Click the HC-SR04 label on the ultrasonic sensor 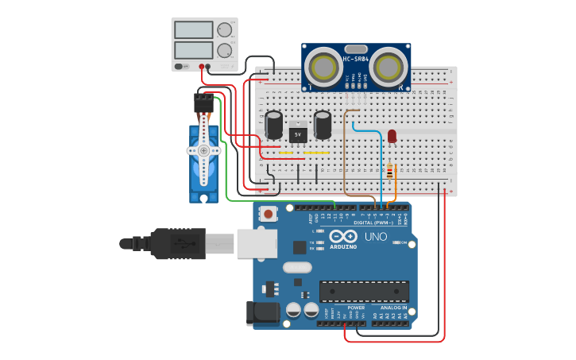click(x=357, y=58)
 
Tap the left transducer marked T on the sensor click(x=323, y=65)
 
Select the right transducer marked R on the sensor click(x=389, y=65)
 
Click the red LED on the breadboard click(x=392, y=136)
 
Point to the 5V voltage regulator click(x=298, y=133)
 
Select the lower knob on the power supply click(x=224, y=50)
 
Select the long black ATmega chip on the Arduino click(x=364, y=292)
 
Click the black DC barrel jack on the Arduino click(x=265, y=313)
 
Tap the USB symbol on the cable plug click(x=187, y=244)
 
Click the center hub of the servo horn click(x=203, y=150)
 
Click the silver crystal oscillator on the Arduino click(x=297, y=268)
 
